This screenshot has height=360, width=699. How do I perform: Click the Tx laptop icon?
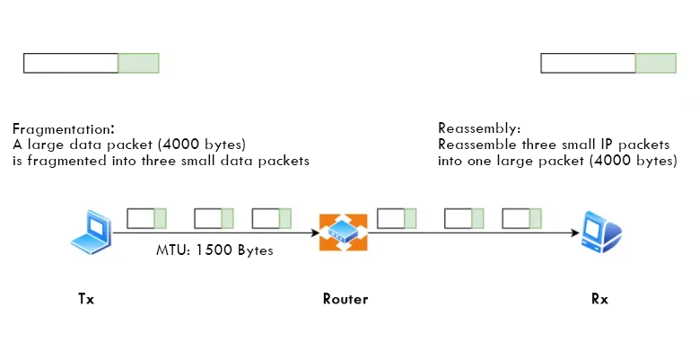pyautogui.click(x=92, y=229)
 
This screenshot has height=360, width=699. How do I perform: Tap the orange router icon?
pyautogui.click(x=344, y=233)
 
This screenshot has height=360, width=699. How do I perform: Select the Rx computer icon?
pyautogui.click(x=599, y=231)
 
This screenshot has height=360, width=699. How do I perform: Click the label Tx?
pyautogui.click(x=86, y=299)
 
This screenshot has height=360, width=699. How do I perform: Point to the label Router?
pyautogui.click(x=345, y=299)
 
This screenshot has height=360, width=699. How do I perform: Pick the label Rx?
pyautogui.click(x=599, y=299)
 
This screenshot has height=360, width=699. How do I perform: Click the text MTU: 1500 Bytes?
pyautogui.click(x=214, y=250)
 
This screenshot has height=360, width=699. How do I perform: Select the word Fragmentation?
pyautogui.click(x=62, y=127)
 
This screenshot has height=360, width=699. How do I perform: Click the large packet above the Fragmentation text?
pyautogui.click(x=91, y=63)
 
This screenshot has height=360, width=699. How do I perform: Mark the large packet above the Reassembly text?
pyautogui.click(x=608, y=63)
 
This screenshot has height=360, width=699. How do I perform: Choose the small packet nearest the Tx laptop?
pyautogui.click(x=146, y=217)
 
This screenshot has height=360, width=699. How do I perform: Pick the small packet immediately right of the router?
pyautogui.click(x=397, y=217)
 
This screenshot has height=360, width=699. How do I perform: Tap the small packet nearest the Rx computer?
pyautogui.click(x=521, y=217)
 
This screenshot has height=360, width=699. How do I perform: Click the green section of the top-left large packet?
pyautogui.click(x=138, y=63)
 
